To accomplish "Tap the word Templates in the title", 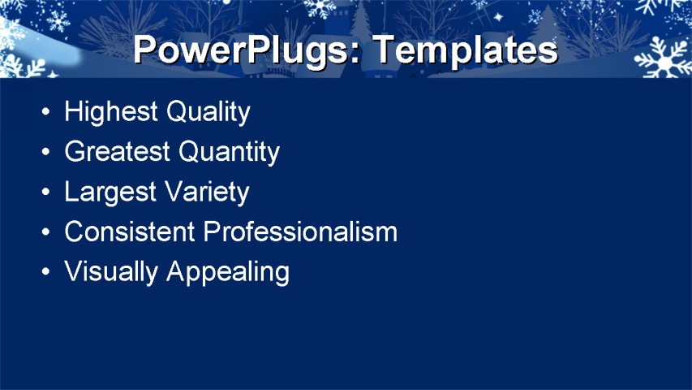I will (x=466, y=50).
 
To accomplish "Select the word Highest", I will (x=111, y=112).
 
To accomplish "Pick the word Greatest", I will (x=118, y=152).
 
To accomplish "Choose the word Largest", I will (x=110, y=192).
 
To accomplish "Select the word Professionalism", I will (x=300, y=232).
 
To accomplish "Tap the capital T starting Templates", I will (x=385, y=50).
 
